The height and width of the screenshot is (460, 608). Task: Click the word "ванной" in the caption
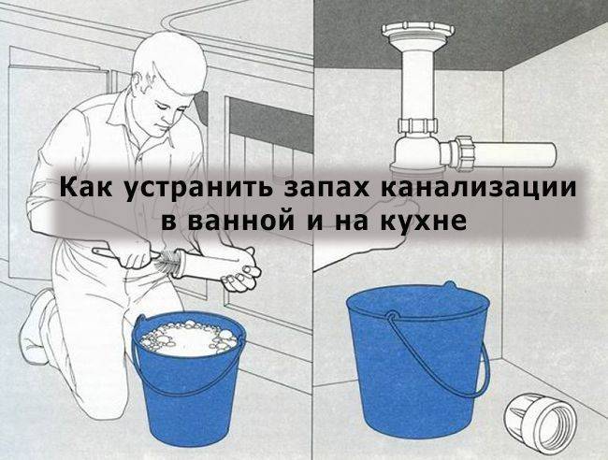228,223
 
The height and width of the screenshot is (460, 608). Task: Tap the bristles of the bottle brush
169,261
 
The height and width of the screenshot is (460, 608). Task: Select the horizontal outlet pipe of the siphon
515,154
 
